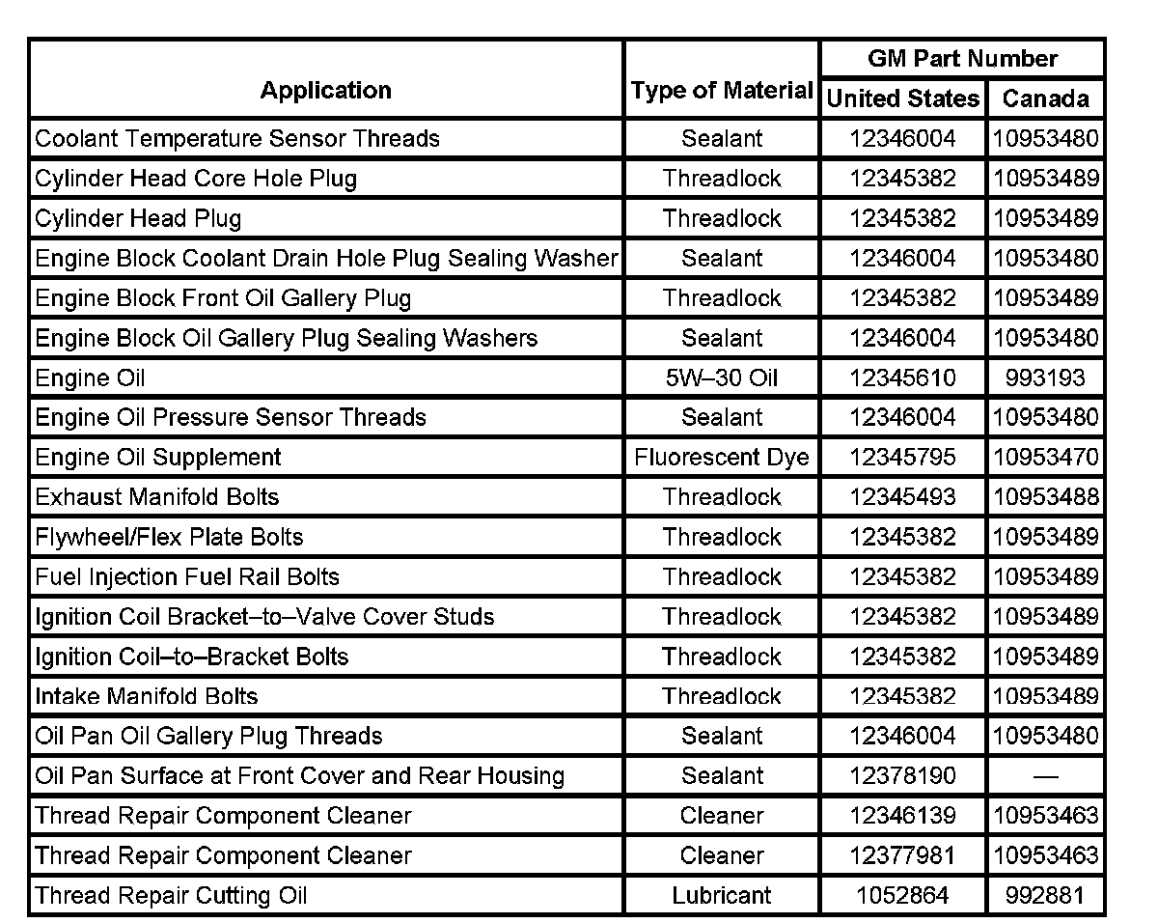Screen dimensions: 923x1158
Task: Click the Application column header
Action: point(326,91)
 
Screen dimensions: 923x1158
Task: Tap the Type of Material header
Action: point(722,91)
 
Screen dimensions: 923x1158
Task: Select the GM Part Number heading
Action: point(962,58)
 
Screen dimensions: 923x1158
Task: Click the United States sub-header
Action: point(903,98)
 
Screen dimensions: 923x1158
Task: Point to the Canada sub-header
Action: point(1046,98)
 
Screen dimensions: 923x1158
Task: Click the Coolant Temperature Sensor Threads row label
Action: point(237,138)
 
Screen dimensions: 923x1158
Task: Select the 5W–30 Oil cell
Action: point(722,378)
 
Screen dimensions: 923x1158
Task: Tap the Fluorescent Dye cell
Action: point(722,458)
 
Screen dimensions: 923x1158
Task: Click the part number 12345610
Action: point(902,378)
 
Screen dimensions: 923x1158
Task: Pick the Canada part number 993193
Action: point(1046,378)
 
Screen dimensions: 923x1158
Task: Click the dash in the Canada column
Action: point(1046,776)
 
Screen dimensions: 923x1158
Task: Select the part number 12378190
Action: point(902,776)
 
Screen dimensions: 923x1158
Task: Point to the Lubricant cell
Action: point(722,896)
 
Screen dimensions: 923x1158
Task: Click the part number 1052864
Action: point(902,896)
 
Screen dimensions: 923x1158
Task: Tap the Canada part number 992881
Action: point(1046,896)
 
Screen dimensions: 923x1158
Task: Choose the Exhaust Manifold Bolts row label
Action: point(157,497)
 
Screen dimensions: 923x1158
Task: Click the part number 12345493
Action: point(902,497)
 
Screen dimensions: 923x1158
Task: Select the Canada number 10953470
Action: point(1046,458)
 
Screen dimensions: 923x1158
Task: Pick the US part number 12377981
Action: point(902,855)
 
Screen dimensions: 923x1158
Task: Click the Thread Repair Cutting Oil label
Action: point(171,896)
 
